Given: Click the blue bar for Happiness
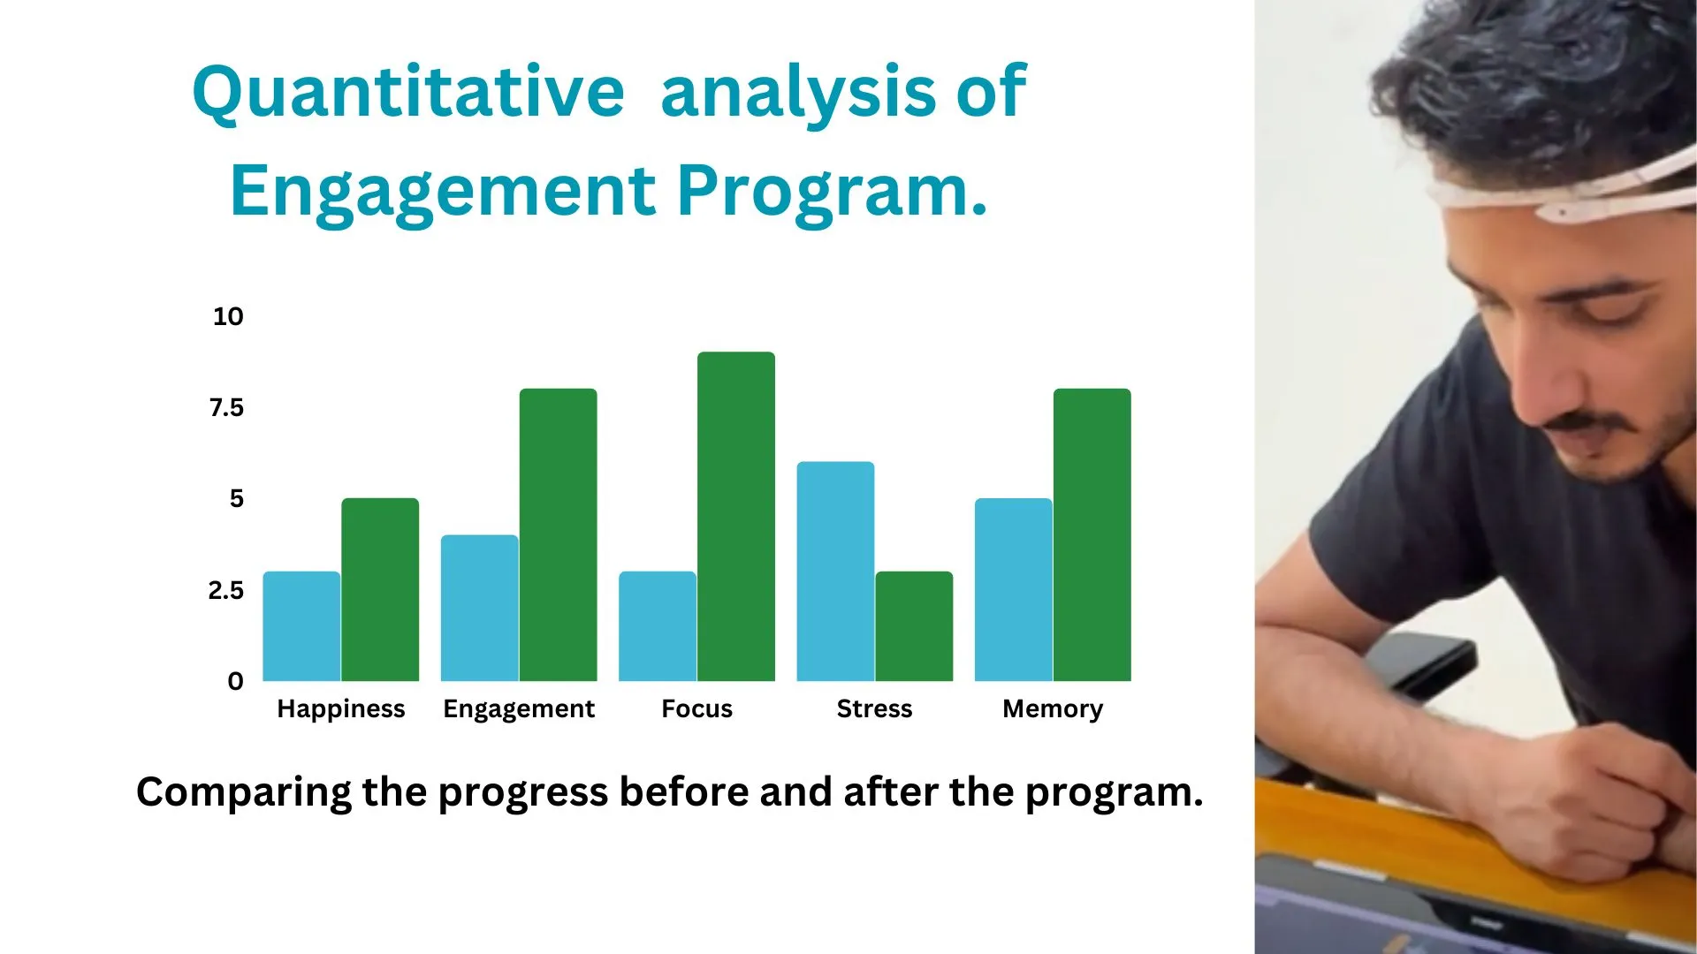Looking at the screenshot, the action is pos(301,626).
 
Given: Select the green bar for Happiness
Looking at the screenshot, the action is pos(380,589).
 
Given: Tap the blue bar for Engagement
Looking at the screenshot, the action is pos(480,608).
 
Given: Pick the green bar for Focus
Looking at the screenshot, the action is pos(736,517).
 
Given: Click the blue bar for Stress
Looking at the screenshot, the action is pos(835,572).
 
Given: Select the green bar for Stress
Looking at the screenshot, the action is pos(914,626).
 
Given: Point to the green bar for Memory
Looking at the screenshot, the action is pos(1092,534).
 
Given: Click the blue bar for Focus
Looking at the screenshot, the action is pos(658,626).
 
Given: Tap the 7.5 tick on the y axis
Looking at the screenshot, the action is pos(226,407).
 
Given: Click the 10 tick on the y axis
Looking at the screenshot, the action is pos(228,316).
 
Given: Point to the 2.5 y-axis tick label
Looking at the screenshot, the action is pos(226,590).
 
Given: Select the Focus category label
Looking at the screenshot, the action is pos(697,708).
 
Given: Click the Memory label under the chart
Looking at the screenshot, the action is pos(1053,709).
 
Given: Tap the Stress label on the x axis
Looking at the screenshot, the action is pos(875,708).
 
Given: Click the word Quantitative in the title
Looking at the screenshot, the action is pos(408,92).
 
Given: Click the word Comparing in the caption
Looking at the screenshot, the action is pos(245,793).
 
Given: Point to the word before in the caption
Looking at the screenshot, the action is pos(683,791).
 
